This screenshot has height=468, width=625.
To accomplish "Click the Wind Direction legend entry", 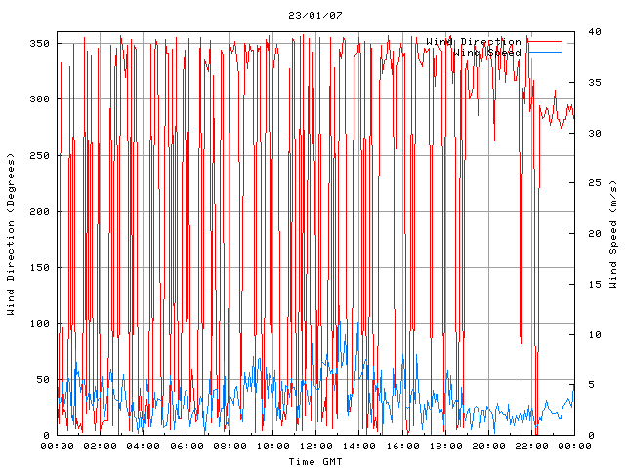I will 473,41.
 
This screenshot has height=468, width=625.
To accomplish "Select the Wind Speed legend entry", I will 488,52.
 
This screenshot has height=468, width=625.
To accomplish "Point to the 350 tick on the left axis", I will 39,43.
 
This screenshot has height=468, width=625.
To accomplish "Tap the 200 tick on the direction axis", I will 39,211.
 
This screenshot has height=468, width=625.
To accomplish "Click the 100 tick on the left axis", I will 39,324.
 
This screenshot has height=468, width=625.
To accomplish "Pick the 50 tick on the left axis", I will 42,379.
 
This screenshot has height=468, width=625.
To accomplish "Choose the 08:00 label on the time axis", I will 229,446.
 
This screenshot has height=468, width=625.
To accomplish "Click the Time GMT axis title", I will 314,460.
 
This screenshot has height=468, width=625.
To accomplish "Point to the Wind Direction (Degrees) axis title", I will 11,234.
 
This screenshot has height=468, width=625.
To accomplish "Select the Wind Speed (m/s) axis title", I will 613,234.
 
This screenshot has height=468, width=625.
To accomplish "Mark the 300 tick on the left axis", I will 39,98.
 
